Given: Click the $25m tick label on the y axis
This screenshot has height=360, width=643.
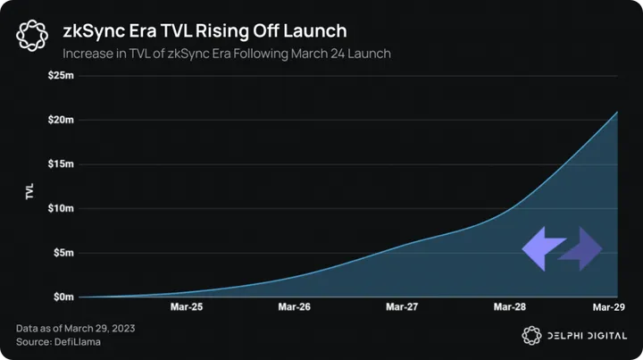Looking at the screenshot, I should [x=60, y=76].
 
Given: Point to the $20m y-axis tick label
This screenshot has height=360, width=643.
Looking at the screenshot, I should [x=60, y=120].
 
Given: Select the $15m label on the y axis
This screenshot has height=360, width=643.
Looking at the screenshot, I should [x=60, y=164].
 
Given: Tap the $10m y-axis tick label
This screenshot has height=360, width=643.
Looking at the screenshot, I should [x=60, y=208].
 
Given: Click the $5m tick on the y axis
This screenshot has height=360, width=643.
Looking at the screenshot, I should [x=63, y=253].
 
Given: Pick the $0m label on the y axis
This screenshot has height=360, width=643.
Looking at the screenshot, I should [x=63, y=297].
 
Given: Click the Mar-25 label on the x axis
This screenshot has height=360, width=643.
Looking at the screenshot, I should [x=186, y=307].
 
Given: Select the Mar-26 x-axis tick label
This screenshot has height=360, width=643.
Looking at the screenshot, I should [x=294, y=307].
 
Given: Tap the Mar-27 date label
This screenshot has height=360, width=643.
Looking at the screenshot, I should [x=402, y=307].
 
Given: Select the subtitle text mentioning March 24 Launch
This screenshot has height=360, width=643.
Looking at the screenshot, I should [x=227, y=54].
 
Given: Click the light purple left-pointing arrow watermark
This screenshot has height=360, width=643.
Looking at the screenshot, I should [x=542, y=248].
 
